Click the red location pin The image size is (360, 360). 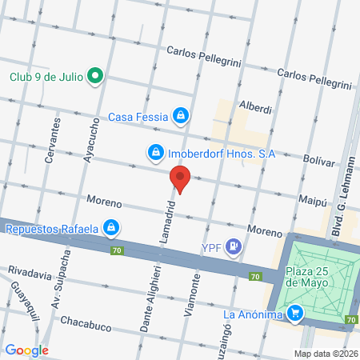click(x=180, y=179)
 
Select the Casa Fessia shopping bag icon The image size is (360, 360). click(x=182, y=116)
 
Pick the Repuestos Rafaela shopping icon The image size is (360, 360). click(x=112, y=229)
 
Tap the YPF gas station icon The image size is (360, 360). click(x=234, y=246)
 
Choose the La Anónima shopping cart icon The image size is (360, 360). click(x=296, y=314)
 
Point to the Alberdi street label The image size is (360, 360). click(x=256, y=107)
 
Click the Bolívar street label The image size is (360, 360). click(x=319, y=161)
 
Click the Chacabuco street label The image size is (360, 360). click(x=90, y=326)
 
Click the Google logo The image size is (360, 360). click(x=26, y=350)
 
